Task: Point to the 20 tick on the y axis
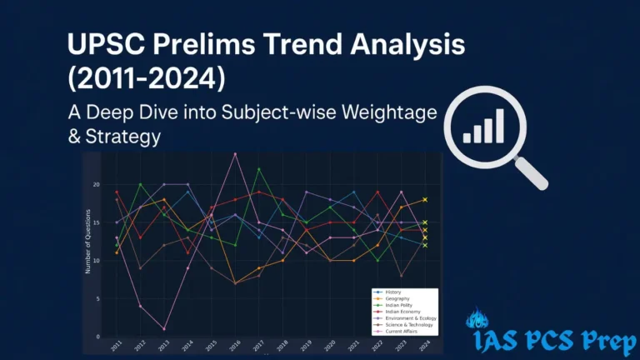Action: click(x=97, y=184)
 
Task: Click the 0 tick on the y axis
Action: click(x=98, y=337)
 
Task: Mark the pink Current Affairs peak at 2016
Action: click(x=235, y=154)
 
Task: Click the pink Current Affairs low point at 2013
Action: click(x=164, y=329)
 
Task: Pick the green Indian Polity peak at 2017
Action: click(x=259, y=169)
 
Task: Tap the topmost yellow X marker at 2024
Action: click(x=425, y=200)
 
